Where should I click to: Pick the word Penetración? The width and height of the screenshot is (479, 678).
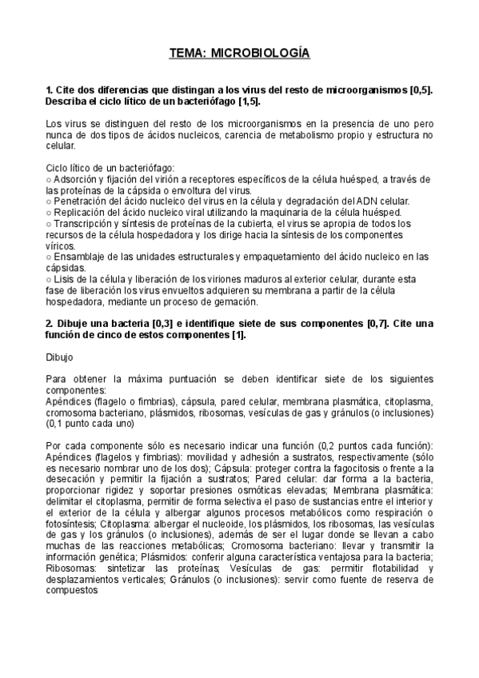click(x=81, y=201)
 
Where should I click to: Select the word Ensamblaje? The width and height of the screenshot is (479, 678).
click(x=78, y=257)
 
